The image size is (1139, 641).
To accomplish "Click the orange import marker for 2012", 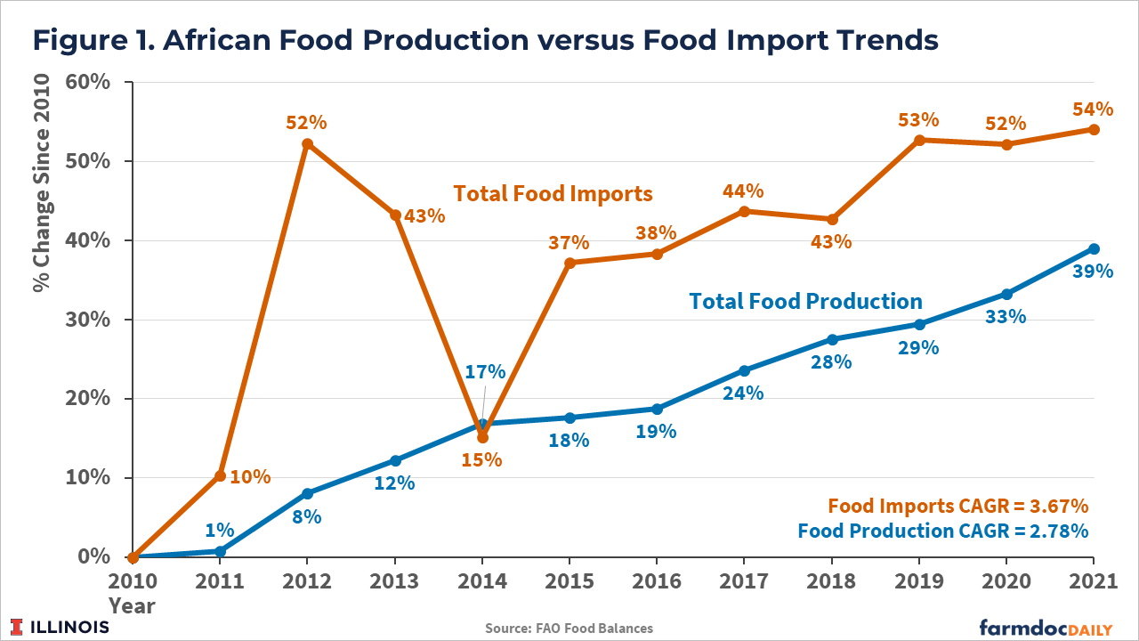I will pyautogui.click(x=307, y=143).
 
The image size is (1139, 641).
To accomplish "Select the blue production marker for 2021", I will pyautogui.click(x=1094, y=248).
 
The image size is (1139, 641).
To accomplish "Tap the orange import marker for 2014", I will pyautogui.click(x=482, y=437).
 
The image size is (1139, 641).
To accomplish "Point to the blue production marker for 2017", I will pyautogui.click(x=744, y=370).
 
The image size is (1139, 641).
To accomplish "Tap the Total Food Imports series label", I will pyautogui.click(x=553, y=193).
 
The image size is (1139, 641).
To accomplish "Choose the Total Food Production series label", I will pyautogui.click(x=805, y=301).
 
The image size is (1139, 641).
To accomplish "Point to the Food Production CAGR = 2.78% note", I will pyautogui.click(x=943, y=531).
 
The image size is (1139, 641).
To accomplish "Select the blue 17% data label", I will pyautogui.click(x=485, y=371).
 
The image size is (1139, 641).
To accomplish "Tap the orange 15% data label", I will pyautogui.click(x=482, y=460).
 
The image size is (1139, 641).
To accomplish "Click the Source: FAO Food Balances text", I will pyautogui.click(x=569, y=629).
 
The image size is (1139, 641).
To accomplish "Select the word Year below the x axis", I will pyautogui.click(x=132, y=606).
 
